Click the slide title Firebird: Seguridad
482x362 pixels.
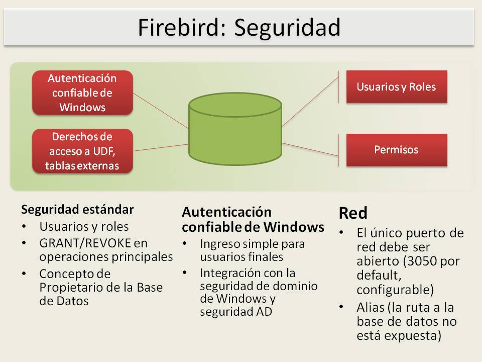239,28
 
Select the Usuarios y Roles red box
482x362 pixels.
396,86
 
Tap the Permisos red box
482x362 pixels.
396,150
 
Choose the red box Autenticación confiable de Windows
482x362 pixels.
82,93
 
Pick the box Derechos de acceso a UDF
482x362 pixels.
82,151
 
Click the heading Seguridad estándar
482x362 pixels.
77,209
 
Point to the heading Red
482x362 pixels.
353,213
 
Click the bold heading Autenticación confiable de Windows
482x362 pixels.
253,220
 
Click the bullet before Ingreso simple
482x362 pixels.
185,244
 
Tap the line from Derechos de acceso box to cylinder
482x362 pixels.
161,147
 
